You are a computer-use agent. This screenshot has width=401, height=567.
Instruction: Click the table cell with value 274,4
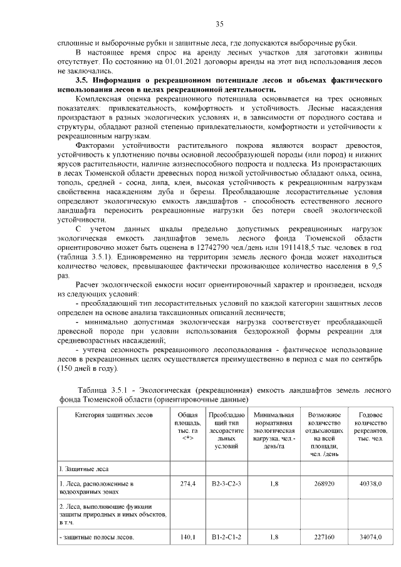click(x=188, y=484)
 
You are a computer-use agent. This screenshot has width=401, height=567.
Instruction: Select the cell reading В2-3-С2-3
click(x=226, y=484)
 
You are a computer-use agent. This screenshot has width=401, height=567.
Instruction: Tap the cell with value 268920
click(x=324, y=484)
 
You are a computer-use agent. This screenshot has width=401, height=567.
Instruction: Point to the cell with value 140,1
click(x=188, y=537)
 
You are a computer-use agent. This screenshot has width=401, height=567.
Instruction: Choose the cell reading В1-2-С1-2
click(x=226, y=537)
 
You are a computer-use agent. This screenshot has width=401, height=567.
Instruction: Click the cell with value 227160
click(x=324, y=537)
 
